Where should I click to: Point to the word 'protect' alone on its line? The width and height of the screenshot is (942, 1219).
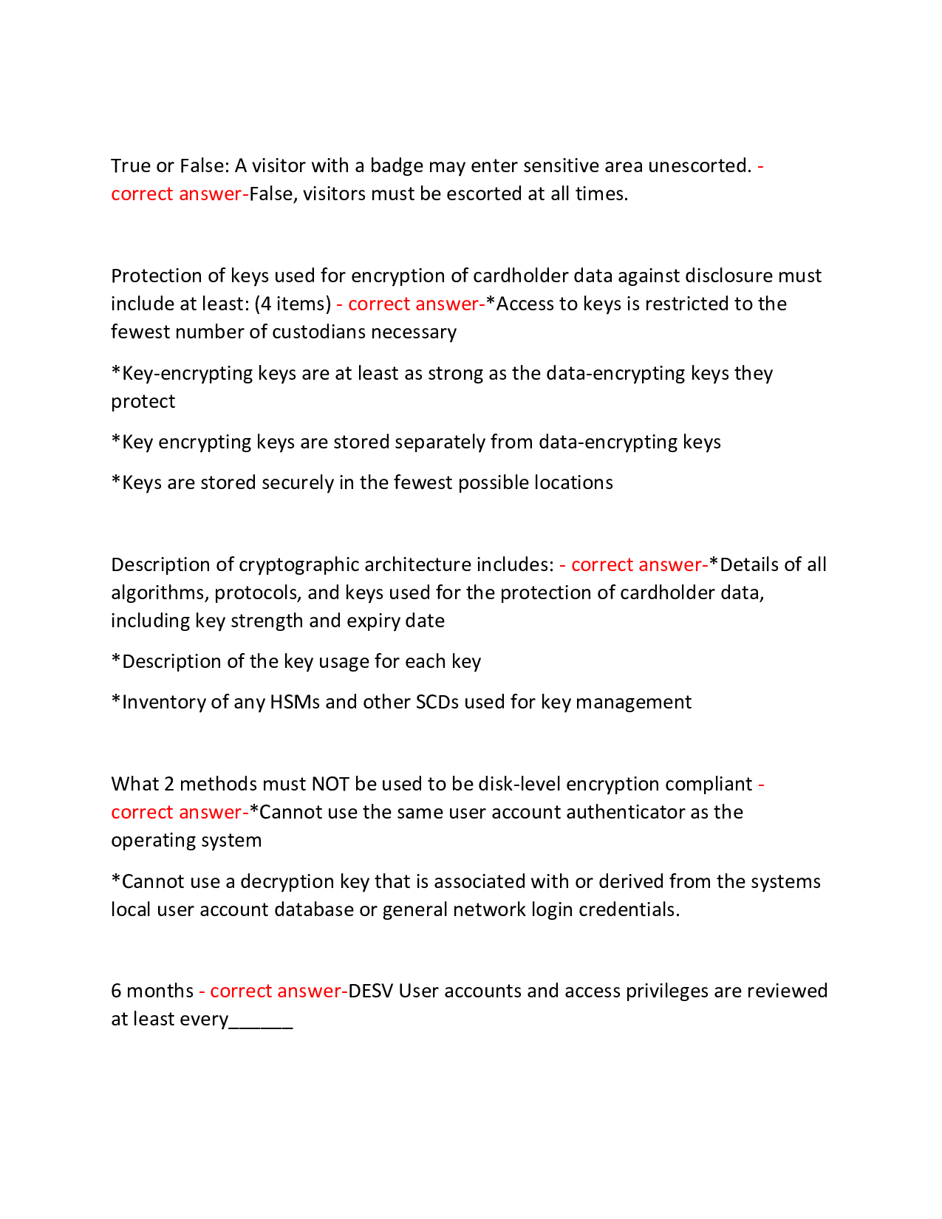tap(143, 401)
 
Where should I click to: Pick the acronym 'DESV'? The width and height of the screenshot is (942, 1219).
tap(371, 991)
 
